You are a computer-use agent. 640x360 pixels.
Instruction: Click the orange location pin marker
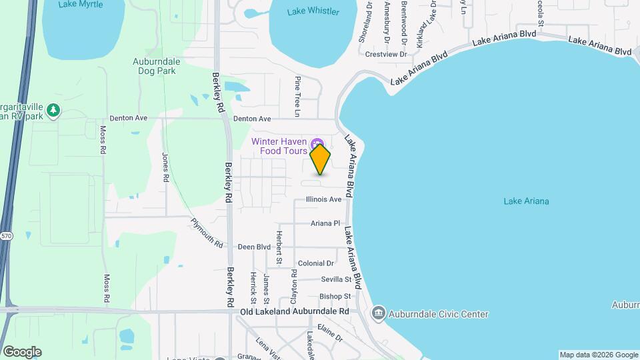[x=320, y=159]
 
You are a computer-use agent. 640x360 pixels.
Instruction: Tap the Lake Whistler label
[x=313, y=11]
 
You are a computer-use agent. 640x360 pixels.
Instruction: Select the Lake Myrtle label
[x=80, y=4]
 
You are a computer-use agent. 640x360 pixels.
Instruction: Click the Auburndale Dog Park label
[x=157, y=65]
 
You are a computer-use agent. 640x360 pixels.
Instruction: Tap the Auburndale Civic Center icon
[x=378, y=313]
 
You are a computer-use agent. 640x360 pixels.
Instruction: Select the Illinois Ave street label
[x=323, y=199]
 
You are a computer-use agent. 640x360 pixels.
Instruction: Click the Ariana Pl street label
[x=325, y=223]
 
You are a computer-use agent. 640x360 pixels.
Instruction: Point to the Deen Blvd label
[x=254, y=247]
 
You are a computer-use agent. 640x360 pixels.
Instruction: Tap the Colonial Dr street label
[x=315, y=263]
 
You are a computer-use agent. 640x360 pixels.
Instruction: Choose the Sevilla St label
[x=335, y=279]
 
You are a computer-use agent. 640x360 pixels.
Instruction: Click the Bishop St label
[x=335, y=296]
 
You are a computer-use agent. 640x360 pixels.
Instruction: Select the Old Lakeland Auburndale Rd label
[x=295, y=311]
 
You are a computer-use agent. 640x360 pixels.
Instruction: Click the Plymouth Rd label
[x=207, y=232]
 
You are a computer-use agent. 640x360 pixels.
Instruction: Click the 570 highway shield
[x=7, y=236]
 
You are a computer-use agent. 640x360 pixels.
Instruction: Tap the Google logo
[x=21, y=351]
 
